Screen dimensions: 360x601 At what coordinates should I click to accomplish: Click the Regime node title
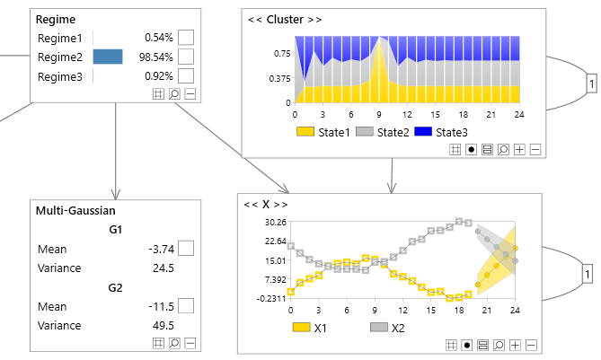click(56, 19)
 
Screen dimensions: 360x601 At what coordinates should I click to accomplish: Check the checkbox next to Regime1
click(186, 38)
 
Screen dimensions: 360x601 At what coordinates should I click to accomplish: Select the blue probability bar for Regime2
click(108, 57)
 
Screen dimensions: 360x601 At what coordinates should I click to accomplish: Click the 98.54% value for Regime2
click(155, 57)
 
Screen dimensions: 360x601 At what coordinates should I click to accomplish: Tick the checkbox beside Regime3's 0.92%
click(186, 77)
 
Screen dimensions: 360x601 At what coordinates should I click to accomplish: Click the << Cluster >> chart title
click(284, 19)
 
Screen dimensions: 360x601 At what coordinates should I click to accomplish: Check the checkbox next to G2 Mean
click(186, 306)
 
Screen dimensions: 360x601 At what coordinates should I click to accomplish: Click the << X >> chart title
click(266, 204)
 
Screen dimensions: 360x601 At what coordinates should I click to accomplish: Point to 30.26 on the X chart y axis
click(274, 222)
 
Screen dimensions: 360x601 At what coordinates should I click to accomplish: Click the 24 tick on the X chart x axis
click(515, 310)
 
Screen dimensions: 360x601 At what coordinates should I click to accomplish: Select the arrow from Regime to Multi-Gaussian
click(116, 153)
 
